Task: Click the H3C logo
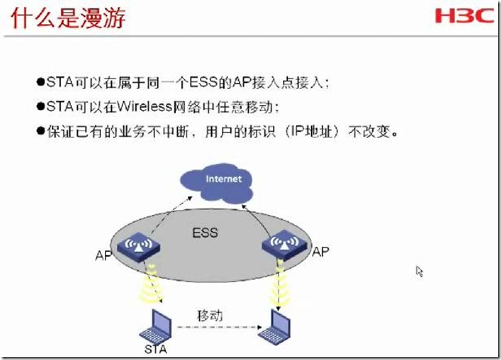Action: pos(465,15)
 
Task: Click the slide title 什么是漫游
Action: pos(68,17)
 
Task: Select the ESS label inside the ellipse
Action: pos(205,232)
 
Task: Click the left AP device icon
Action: pos(138,247)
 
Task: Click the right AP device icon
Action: pos(284,245)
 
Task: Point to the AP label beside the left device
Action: pos(103,255)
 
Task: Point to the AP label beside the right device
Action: pos(321,251)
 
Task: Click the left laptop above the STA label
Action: pos(156,327)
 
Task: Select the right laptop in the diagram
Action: pos(275,326)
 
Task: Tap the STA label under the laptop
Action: pos(155,349)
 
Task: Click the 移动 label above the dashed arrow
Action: pos(210,315)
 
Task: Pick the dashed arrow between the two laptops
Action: pos(220,327)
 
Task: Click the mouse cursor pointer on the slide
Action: pos(420,272)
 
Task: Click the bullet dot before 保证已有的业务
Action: pos(41,131)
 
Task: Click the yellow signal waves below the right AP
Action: pos(280,283)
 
